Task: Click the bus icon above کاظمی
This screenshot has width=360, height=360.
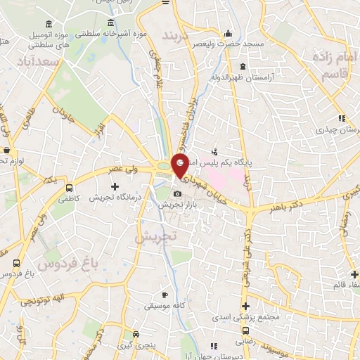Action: click(x=69, y=188)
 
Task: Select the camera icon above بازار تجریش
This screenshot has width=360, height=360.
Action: click(x=176, y=194)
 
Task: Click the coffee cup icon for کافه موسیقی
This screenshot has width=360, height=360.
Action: click(x=165, y=295)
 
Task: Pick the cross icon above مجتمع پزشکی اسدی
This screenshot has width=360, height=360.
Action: click(x=245, y=306)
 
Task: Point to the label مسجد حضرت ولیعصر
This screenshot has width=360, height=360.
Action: click(x=231, y=44)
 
